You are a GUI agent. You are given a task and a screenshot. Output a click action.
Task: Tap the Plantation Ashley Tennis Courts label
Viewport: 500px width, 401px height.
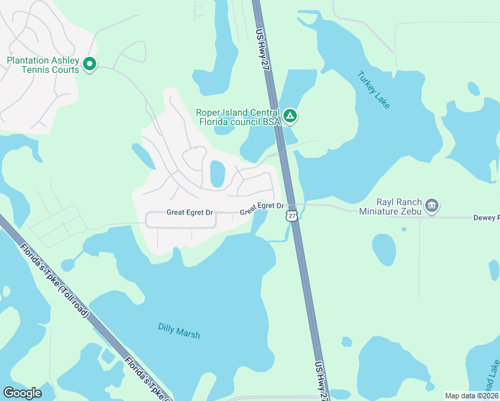point(43,65)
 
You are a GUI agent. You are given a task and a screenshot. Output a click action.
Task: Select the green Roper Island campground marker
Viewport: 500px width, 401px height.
point(289,117)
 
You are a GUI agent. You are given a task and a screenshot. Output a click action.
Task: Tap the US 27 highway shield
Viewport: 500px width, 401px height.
point(291,215)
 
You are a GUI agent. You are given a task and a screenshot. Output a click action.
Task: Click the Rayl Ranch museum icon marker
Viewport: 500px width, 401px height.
point(432,205)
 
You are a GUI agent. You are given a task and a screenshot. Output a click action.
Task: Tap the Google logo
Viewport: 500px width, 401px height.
point(22,393)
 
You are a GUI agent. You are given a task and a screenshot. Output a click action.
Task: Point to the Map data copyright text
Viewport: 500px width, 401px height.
point(471,396)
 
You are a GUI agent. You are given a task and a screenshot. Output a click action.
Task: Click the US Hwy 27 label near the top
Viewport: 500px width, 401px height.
point(262,43)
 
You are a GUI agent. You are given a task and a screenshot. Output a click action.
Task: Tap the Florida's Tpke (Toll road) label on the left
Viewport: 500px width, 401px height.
point(54,281)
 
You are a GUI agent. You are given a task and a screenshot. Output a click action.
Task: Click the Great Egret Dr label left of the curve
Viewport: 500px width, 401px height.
point(189,213)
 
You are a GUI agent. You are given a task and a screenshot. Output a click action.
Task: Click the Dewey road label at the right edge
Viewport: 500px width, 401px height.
point(486,217)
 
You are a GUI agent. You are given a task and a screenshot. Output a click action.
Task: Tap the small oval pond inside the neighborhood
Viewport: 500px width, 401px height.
point(217,174)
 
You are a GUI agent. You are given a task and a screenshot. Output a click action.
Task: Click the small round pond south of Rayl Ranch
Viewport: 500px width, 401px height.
point(384,249)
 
